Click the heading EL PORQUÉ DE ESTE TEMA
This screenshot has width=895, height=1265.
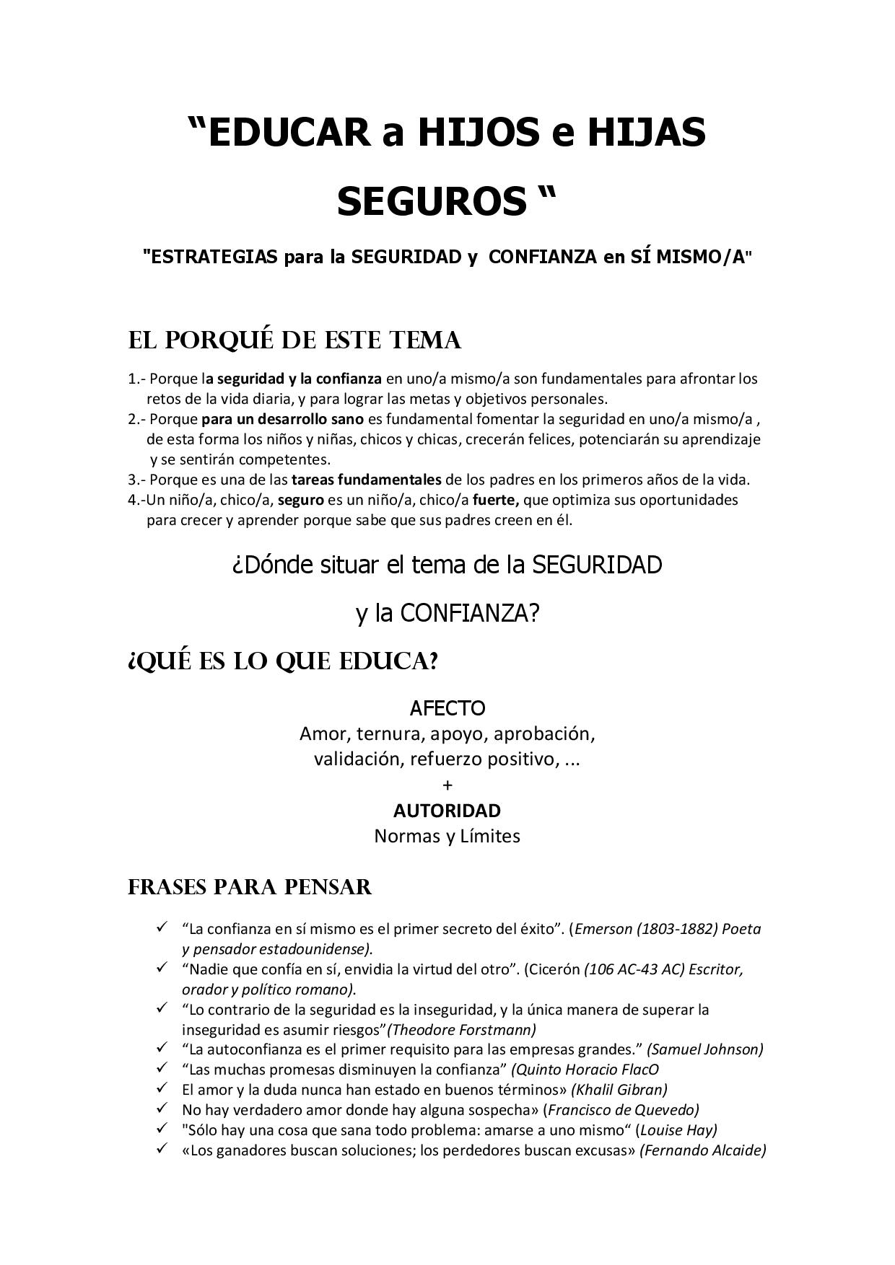(x=294, y=340)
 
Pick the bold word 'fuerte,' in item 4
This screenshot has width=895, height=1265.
(x=497, y=500)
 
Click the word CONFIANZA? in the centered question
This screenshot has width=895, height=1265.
(x=470, y=613)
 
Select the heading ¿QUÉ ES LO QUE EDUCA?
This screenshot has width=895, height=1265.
(x=283, y=661)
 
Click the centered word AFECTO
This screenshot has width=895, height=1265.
(x=447, y=708)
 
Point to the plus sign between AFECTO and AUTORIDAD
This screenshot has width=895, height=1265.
(x=447, y=785)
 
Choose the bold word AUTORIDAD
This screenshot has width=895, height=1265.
(x=447, y=811)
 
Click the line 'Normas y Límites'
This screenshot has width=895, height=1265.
(x=447, y=837)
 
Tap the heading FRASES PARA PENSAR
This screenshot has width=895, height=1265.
(x=250, y=886)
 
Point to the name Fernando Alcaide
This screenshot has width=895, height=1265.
(x=702, y=1150)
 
